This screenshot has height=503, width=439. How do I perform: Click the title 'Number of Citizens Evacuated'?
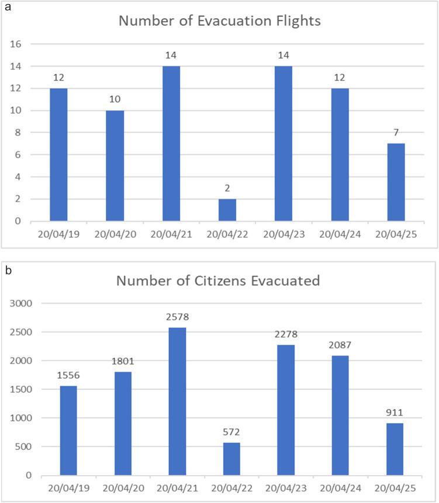[219, 280]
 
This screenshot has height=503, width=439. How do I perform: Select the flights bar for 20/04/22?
[227, 210]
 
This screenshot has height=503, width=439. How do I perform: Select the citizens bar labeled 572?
[231, 459]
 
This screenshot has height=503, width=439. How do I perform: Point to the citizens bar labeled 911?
[395, 449]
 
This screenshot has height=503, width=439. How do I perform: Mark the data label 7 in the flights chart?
[396, 132]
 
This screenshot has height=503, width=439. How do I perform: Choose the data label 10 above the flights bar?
[115, 99]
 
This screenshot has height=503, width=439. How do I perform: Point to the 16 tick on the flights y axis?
[16, 44]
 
